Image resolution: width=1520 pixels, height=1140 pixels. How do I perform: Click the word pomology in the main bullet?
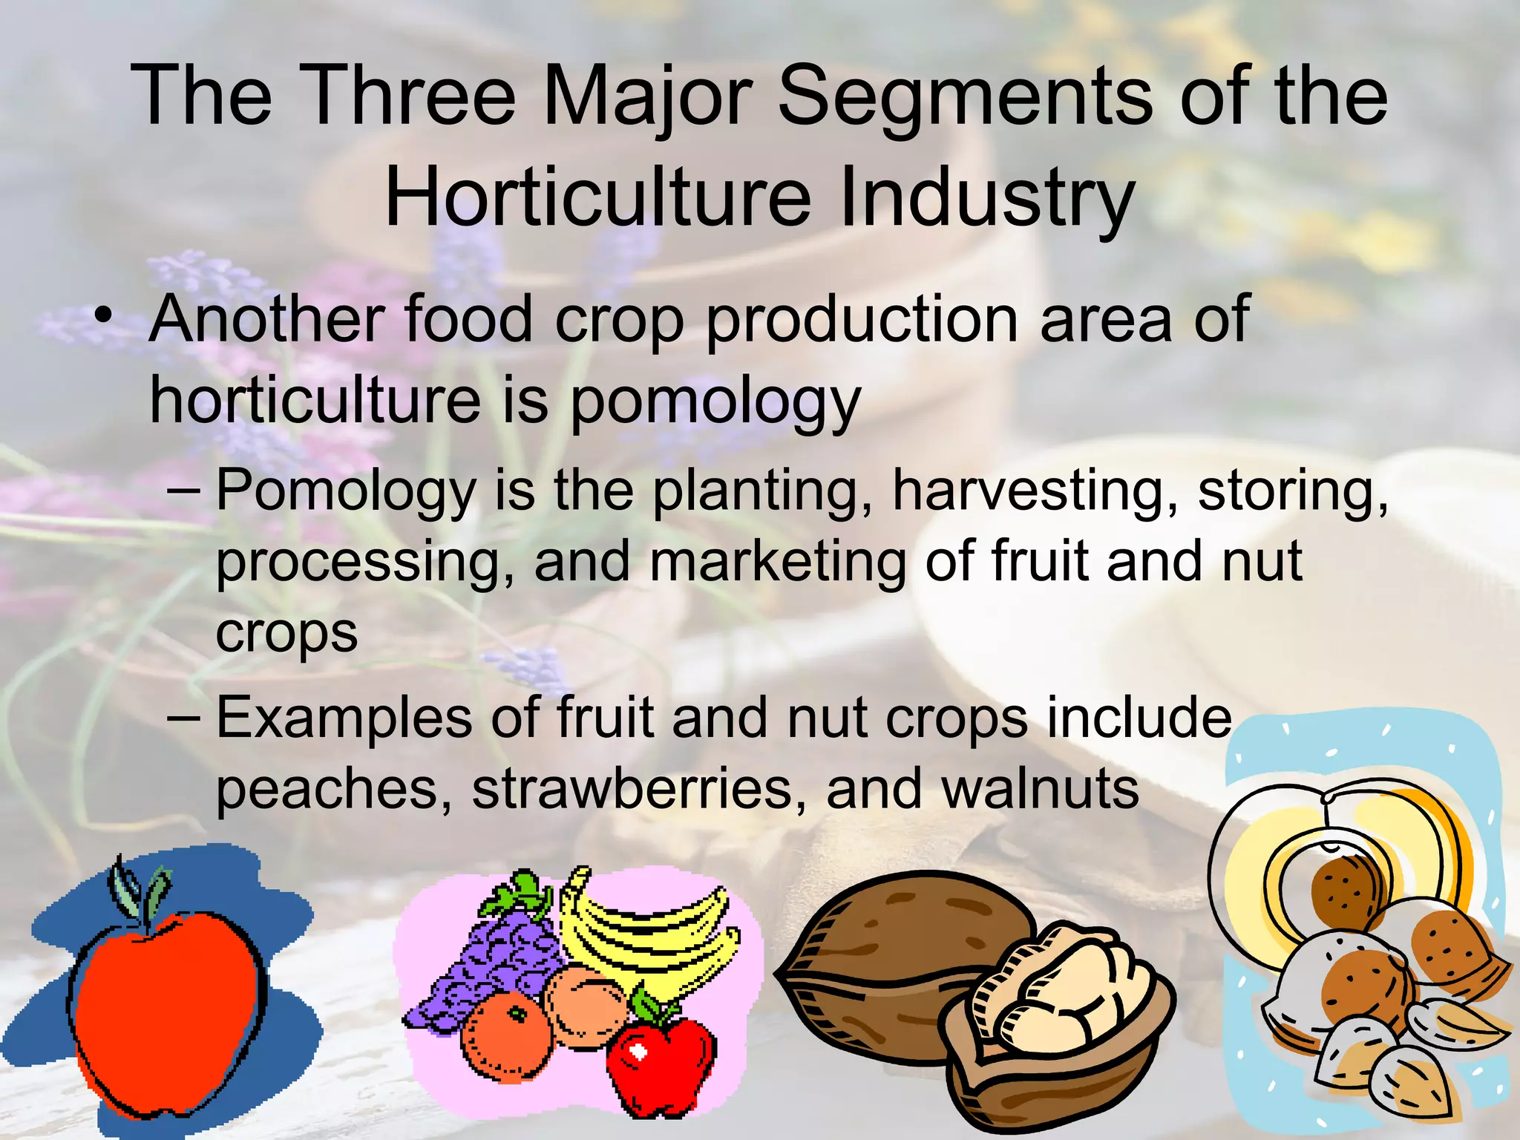coord(715,401)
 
